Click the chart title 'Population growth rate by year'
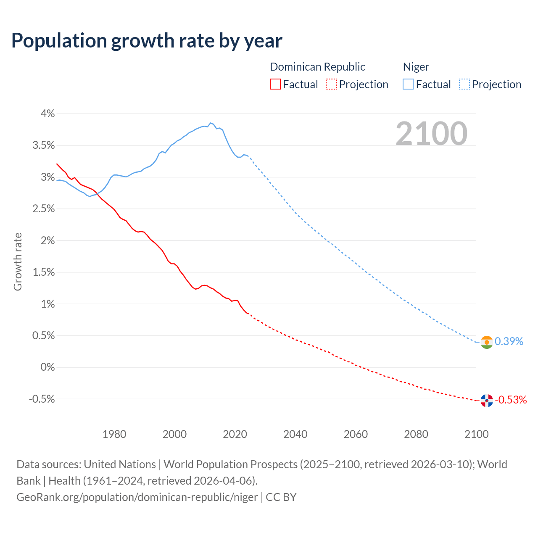(x=147, y=41)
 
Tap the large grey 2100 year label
(x=431, y=134)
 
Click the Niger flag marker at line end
(x=487, y=342)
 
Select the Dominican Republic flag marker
(x=487, y=401)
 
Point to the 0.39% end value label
(x=509, y=341)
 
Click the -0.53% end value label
(x=511, y=400)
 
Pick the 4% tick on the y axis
(x=47, y=113)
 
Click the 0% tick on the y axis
(x=47, y=367)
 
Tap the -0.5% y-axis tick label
(x=42, y=399)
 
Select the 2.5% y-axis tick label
(x=44, y=209)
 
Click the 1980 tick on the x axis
(x=114, y=434)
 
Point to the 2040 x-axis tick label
(x=295, y=434)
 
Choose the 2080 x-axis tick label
(x=416, y=434)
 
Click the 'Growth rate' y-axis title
(x=18, y=261)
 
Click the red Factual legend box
(x=275, y=84)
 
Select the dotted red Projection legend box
(x=331, y=84)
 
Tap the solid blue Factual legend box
(x=408, y=84)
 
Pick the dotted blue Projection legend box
(x=464, y=84)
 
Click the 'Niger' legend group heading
(x=416, y=67)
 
